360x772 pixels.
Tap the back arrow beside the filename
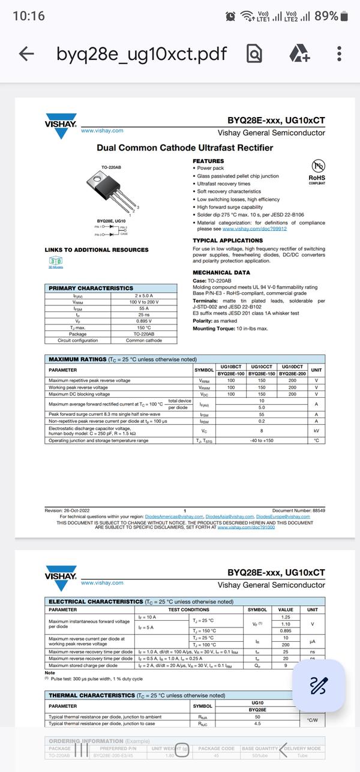coord(26,54)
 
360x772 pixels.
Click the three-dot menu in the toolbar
coord(340,54)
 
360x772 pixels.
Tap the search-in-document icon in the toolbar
coord(255,54)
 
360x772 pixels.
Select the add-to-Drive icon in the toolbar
coord(299,54)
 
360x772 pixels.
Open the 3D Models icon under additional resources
coord(55,262)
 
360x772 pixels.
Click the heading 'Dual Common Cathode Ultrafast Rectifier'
coord(185,148)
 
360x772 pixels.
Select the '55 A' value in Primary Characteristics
coord(144,308)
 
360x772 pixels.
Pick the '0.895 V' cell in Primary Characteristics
coord(144,321)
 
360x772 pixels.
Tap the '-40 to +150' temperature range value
coord(262,440)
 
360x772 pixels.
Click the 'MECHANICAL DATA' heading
coord(221,272)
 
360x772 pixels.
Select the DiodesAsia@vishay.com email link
coord(230,516)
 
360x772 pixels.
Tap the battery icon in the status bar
coord(344,16)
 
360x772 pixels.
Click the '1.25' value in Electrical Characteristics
coord(286,617)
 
